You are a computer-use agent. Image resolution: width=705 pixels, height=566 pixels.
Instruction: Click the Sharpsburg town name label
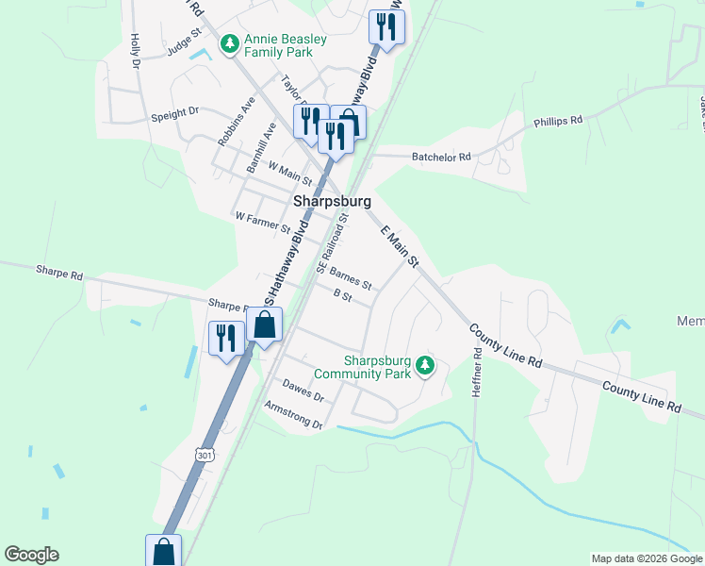pos(332,201)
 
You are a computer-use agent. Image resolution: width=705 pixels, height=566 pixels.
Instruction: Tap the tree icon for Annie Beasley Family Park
pos(228,44)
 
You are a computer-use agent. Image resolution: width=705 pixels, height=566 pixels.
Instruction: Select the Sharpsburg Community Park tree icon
pos(425,366)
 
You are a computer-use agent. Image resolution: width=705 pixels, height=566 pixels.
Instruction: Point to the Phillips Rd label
pos(558,121)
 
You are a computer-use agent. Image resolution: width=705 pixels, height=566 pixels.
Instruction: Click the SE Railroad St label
pos(333,243)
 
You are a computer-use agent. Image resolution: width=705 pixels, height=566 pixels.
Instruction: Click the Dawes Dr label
pos(303,391)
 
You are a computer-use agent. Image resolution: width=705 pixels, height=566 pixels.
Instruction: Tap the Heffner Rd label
pos(478,372)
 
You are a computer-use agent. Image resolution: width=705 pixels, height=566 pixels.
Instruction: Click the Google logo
pos(31,555)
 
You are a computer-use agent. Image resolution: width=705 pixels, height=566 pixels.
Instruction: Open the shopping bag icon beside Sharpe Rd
pos(265,326)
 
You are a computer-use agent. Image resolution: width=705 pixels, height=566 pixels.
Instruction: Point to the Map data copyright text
pos(646,558)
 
